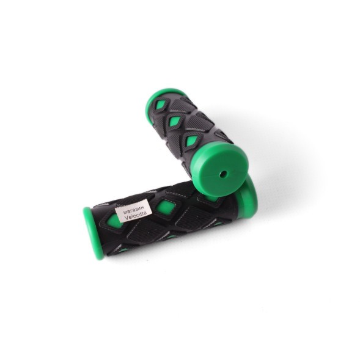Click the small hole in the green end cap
pyautogui.click(x=222, y=175)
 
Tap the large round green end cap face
pyautogui.click(x=220, y=170)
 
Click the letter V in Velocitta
pyautogui.click(x=126, y=218)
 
